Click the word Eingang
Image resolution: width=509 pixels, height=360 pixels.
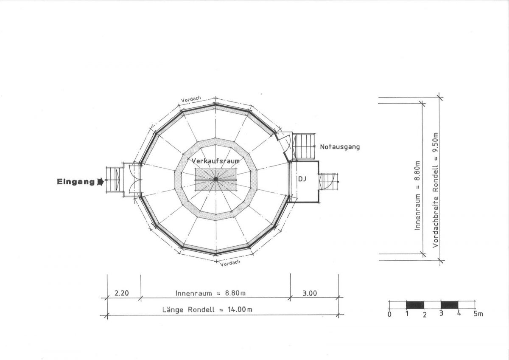(76, 182)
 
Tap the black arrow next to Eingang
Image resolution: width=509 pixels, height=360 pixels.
(101, 182)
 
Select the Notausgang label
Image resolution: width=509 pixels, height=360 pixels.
(340, 147)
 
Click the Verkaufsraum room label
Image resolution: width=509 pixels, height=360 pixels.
(215, 161)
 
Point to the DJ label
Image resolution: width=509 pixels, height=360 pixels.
(302, 179)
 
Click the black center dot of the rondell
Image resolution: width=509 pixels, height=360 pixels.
(215, 179)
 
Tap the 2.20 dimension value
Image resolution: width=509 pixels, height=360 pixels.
(122, 293)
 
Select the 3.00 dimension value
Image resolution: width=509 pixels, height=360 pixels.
(310, 293)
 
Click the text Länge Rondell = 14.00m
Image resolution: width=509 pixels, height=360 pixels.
(207, 309)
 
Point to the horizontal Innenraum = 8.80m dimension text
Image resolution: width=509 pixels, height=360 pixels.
(210, 293)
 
